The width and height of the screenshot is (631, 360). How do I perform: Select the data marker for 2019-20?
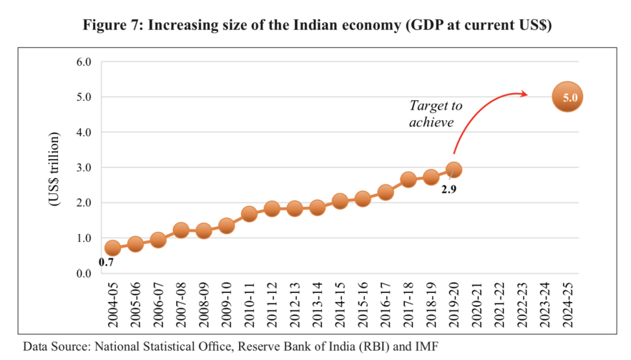454,170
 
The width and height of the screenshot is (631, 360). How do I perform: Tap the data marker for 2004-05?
112,248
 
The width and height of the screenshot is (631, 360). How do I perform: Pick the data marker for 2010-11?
249,214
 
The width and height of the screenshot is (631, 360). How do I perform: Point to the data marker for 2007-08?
181,230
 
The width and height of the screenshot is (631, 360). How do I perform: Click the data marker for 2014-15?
340,201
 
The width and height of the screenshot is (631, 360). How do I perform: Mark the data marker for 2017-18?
409,180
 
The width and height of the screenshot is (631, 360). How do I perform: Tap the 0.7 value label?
107,263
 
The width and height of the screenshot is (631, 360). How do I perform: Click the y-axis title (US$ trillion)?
54,168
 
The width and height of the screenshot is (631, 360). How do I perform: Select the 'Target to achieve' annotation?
436,114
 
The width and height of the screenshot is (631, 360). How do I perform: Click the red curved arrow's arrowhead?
526,94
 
